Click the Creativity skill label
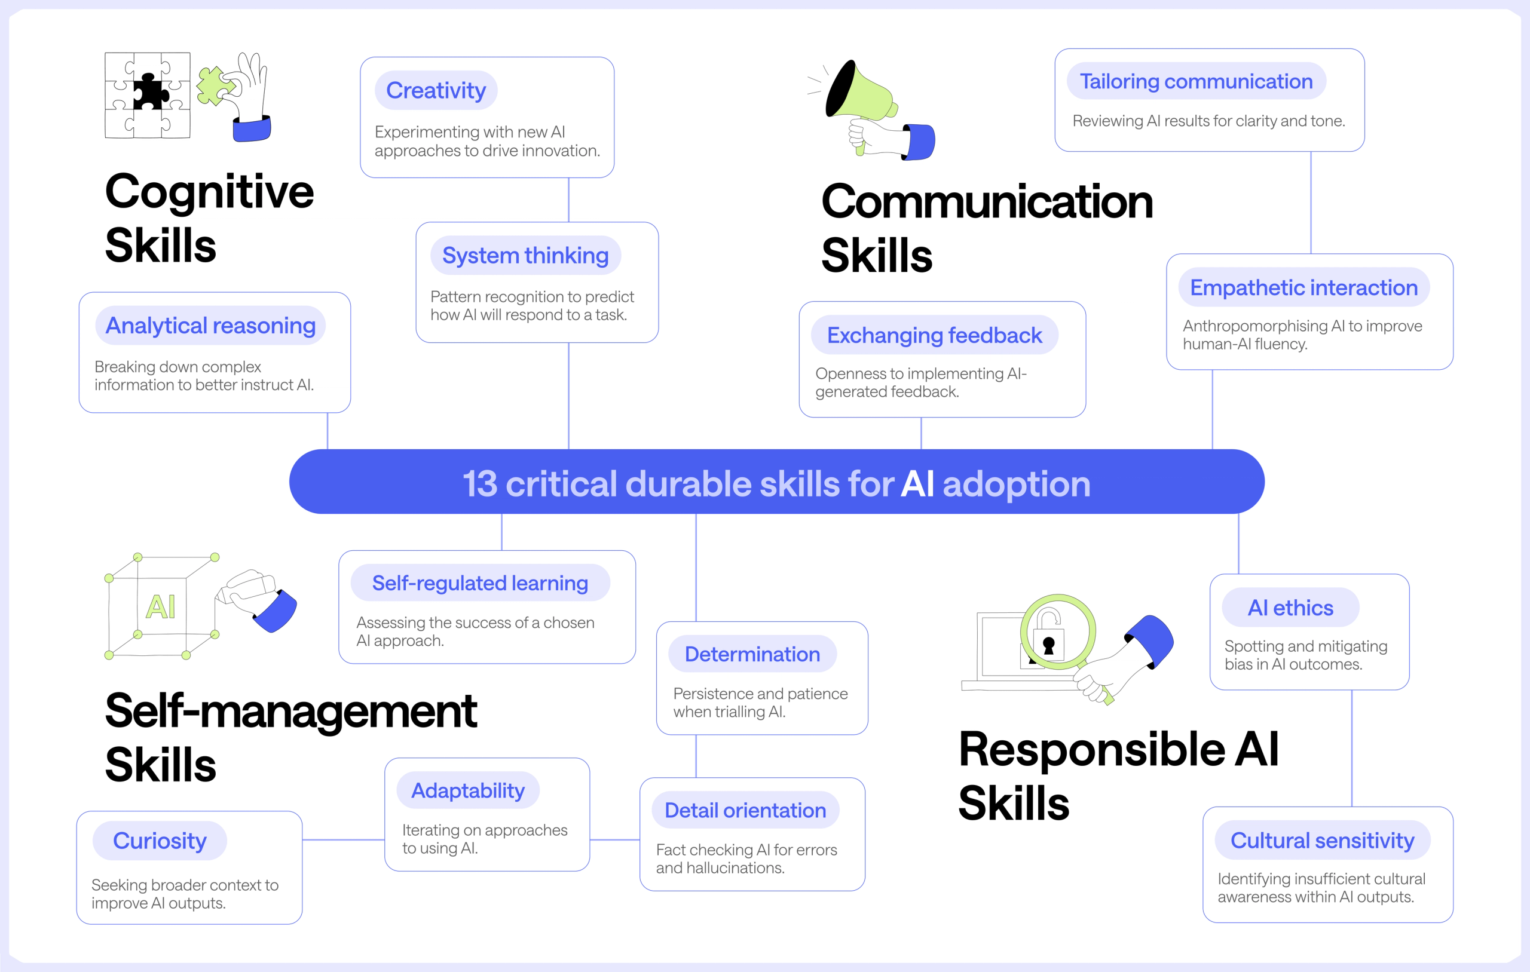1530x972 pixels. click(436, 90)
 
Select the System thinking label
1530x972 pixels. click(525, 255)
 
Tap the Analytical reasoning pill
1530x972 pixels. click(210, 325)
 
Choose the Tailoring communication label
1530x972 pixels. click(1197, 81)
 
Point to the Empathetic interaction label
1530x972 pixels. click(1304, 287)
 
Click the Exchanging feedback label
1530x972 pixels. click(935, 335)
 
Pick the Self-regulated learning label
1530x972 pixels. click(481, 582)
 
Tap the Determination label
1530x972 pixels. click(752, 654)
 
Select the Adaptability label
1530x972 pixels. click(469, 790)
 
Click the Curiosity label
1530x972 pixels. click(160, 841)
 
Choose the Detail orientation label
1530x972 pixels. click(745, 810)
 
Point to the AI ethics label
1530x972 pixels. click(1290, 608)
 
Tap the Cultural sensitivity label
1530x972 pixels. click(1322, 840)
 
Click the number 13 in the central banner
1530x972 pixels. click(480, 483)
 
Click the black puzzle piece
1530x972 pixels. click(151, 92)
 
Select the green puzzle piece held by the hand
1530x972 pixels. click(216, 85)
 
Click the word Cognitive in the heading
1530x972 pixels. click(210, 192)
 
